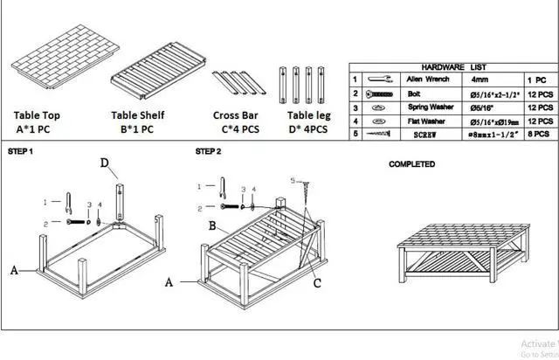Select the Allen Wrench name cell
click(x=428, y=79)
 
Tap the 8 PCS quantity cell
click(x=539, y=135)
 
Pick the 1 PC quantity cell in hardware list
click(x=538, y=79)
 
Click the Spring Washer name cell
click(x=430, y=107)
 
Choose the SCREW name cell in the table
click(x=425, y=135)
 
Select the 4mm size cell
click(x=480, y=79)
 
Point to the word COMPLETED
click(x=411, y=163)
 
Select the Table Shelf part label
click(x=137, y=114)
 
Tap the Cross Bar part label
click(x=236, y=114)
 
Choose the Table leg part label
click(x=307, y=114)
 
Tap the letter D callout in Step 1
click(x=104, y=163)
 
